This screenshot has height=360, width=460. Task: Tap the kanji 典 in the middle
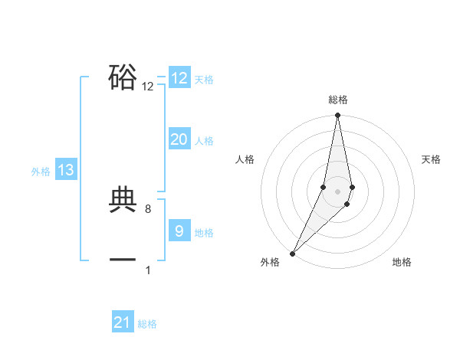click(123, 199)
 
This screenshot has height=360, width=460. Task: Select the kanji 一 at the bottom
click(123, 260)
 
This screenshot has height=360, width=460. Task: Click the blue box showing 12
click(179, 78)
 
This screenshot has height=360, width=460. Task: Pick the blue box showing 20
click(179, 139)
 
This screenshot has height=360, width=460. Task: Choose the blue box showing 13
click(66, 170)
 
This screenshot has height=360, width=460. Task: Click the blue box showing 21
click(123, 323)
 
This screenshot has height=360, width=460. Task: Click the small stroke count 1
click(148, 270)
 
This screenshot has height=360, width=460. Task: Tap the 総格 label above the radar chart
click(338, 100)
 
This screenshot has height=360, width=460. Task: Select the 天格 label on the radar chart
click(431, 159)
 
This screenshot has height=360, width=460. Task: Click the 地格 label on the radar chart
click(402, 262)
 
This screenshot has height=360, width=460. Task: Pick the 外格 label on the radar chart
click(270, 262)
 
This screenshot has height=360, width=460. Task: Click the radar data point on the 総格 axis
click(338, 116)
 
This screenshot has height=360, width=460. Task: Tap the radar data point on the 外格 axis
click(292, 253)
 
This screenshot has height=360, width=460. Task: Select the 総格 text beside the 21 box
click(147, 324)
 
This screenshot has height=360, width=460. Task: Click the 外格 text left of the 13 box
click(41, 172)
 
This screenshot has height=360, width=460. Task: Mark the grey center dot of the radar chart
click(338, 191)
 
